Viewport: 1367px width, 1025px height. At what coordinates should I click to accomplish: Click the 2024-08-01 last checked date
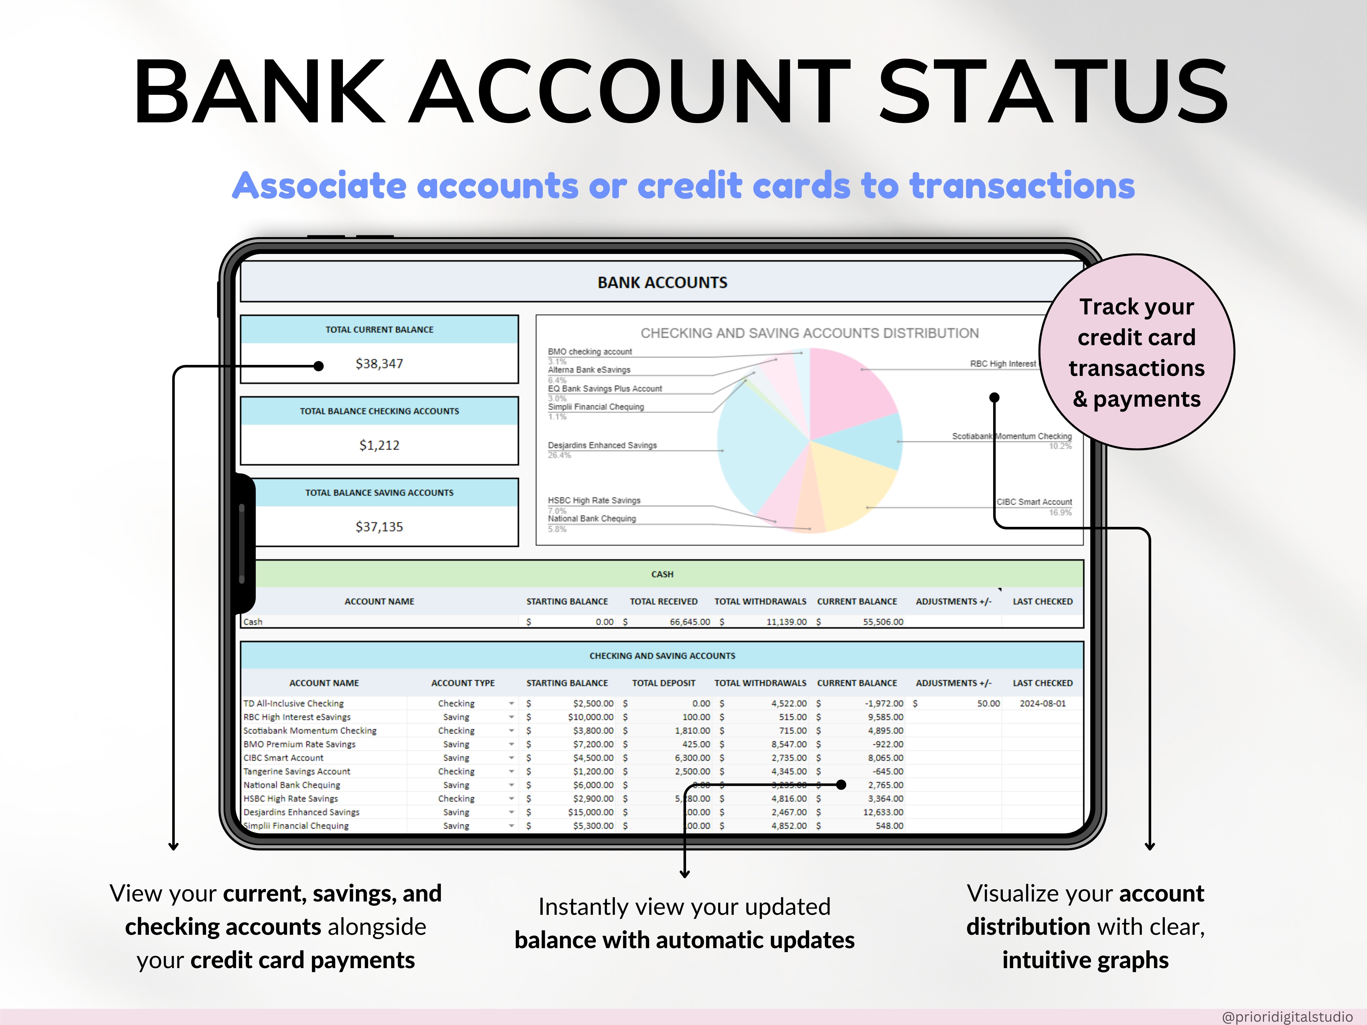[1043, 704]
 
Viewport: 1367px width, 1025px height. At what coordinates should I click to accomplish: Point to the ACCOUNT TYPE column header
[463, 683]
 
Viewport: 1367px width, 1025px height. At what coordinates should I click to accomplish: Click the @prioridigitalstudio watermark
[1287, 1016]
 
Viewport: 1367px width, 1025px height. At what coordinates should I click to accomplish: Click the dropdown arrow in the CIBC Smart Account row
[512, 758]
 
